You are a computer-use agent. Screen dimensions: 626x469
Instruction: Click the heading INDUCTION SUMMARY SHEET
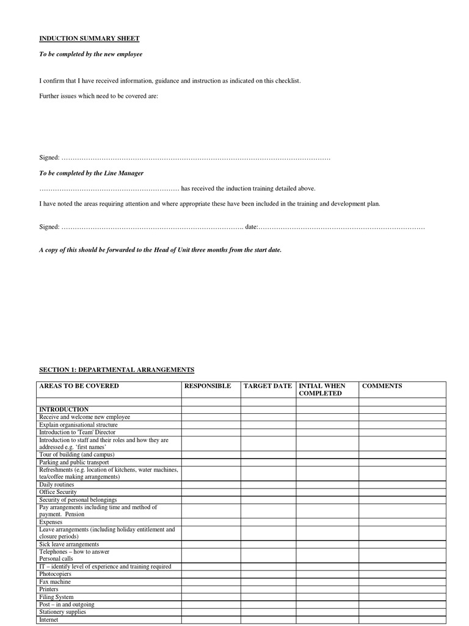pyautogui.click(x=89, y=39)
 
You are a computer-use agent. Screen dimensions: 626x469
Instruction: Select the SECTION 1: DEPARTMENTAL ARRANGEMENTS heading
pyautogui.click(x=117, y=370)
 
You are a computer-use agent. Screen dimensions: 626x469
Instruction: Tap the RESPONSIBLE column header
pyautogui.click(x=208, y=386)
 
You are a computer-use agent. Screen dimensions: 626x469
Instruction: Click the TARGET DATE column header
pyautogui.click(x=267, y=386)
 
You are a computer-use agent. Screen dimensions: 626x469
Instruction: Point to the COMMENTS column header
pyautogui.click(x=382, y=386)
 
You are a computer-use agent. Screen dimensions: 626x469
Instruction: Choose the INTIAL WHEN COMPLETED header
pyautogui.click(x=322, y=390)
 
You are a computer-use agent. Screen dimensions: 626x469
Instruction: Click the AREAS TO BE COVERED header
pyautogui.click(x=79, y=386)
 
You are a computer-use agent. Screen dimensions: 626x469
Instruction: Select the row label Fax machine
pyautogui.click(x=55, y=582)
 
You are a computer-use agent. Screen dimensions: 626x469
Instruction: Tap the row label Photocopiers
pyautogui.click(x=55, y=575)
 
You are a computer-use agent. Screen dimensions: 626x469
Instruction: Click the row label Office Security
pyautogui.click(x=58, y=492)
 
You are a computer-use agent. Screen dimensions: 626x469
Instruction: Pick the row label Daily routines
pyautogui.click(x=57, y=485)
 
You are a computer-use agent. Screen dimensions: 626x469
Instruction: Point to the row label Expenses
pyautogui.click(x=51, y=522)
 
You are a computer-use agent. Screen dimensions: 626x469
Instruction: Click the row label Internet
pyautogui.click(x=49, y=620)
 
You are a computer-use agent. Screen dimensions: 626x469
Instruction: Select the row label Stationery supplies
pyautogui.click(x=62, y=612)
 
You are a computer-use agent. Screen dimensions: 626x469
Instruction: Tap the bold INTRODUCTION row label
pyautogui.click(x=64, y=410)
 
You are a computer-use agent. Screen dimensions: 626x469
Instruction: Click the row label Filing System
pyautogui.click(x=56, y=597)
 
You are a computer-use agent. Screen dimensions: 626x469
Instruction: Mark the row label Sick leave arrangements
pyautogui.click(x=69, y=544)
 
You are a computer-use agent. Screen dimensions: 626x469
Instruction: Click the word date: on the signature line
pyautogui.click(x=251, y=227)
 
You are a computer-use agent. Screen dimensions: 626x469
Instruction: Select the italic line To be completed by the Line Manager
pyautogui.click(x=92, y=174)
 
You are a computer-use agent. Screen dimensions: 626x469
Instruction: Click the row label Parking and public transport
pyautogui.click(x=74, y=463)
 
